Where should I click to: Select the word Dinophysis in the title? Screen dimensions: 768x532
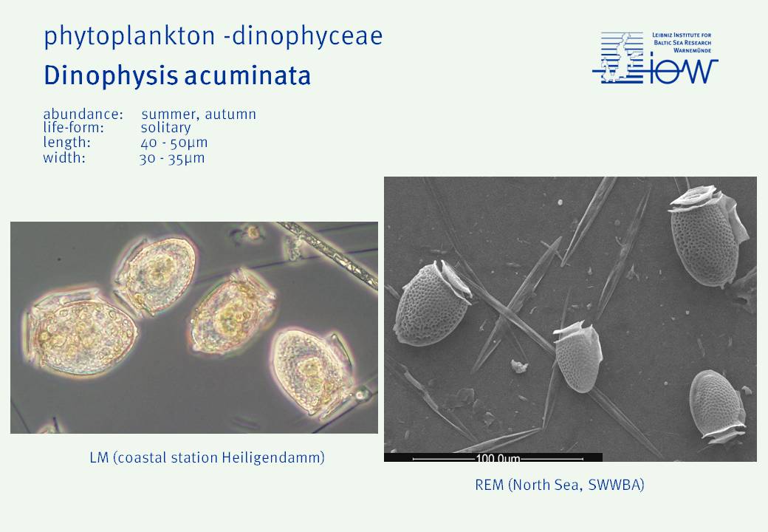[x=111, y=75]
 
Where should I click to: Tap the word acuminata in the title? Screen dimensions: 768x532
[x=247, y=76]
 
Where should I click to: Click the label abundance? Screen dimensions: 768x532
[x=83, y=114]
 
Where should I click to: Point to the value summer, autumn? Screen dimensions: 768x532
[x=199, y=115]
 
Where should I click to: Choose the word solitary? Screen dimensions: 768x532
[x=165, y=128]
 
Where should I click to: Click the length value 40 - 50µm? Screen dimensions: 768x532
[x=174, y=143]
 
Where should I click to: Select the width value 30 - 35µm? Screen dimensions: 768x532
[x=172, y=158]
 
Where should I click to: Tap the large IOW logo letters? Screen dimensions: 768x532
[x=682, y=72]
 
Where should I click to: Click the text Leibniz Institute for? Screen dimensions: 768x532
[x=682, y=35]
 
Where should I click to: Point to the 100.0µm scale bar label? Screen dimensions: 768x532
[x=498, y=459]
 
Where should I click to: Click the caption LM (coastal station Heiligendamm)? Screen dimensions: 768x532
[x=208, y=457]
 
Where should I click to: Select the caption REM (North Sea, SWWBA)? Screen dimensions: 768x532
[x=559, y=485]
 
